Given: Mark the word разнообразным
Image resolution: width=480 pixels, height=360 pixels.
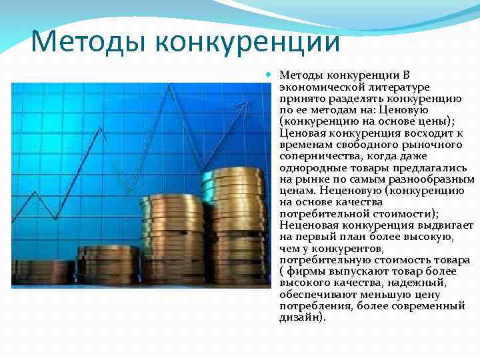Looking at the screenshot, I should pyautogui.click(x=433, y=179).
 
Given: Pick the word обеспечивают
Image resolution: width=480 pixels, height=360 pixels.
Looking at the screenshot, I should pyautogui.click(x=315, y=294).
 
